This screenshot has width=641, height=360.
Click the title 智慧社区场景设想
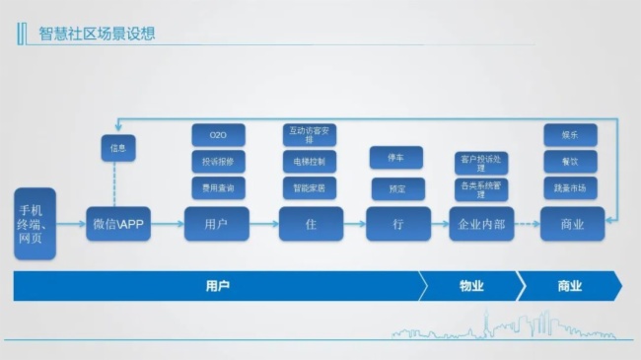(96, 34)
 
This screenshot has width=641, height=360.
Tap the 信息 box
(117, 150)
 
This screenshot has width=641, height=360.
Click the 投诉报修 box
(218, 161)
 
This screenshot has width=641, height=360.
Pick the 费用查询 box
(218, 185)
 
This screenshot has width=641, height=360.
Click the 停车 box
(396, 158)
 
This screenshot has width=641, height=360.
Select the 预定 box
(396, 186)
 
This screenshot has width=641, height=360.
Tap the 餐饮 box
(569, 161)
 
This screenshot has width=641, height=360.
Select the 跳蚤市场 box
(569, 185)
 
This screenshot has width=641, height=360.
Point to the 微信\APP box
(117, 225)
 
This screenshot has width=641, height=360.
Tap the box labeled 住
(311, 225)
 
